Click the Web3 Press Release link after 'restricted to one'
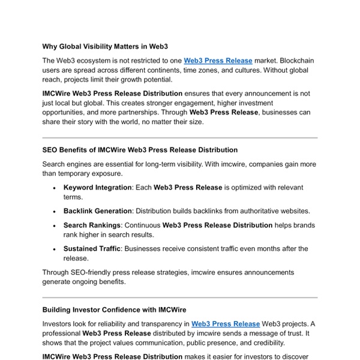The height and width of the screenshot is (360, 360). pos(218,61)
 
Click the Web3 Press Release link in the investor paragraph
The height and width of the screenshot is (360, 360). pos(226,323)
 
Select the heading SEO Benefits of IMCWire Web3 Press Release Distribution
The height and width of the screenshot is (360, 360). pos(140,150)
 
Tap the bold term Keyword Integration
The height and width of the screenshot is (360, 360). pos(97,187)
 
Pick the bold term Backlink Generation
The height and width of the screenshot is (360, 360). pos(97,211)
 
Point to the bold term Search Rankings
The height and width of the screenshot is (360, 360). pos(92,225)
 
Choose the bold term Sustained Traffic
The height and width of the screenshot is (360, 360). pos(93,248)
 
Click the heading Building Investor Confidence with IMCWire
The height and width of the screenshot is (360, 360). pos(114,310)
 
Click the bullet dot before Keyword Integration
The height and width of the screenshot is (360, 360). pos(55,188)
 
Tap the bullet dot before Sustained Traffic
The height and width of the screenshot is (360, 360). pos(55,249)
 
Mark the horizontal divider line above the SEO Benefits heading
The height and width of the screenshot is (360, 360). pos(180,138)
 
